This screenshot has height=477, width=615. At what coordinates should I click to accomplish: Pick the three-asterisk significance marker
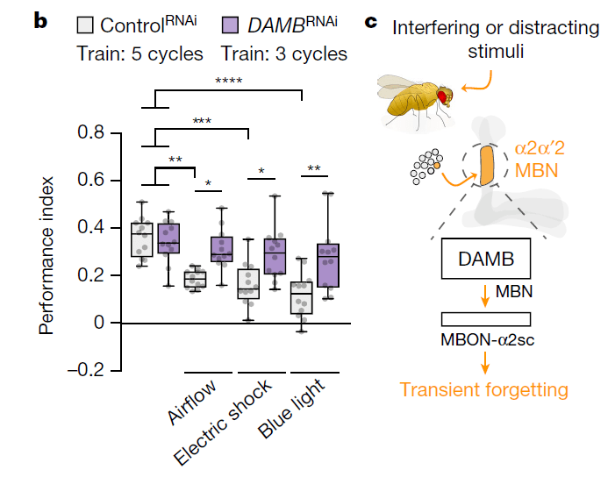pyautogui.click(x=203, y=121)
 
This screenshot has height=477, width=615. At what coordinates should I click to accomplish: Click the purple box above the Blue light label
pyautogui.click(x=327, y=265)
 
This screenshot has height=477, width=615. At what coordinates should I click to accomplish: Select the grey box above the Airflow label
pyautogui.click(x=194, y=279)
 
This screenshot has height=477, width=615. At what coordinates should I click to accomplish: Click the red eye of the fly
pyautogui.click(x=444, y=92)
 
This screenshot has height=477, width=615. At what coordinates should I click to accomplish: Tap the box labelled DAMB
pyautogui.click(x=485, y=261)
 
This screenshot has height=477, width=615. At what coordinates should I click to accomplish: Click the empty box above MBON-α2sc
pyautogui.click(x=485, y=318)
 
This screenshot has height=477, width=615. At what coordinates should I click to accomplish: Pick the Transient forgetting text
pyautogui.click(x=484, y=388)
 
